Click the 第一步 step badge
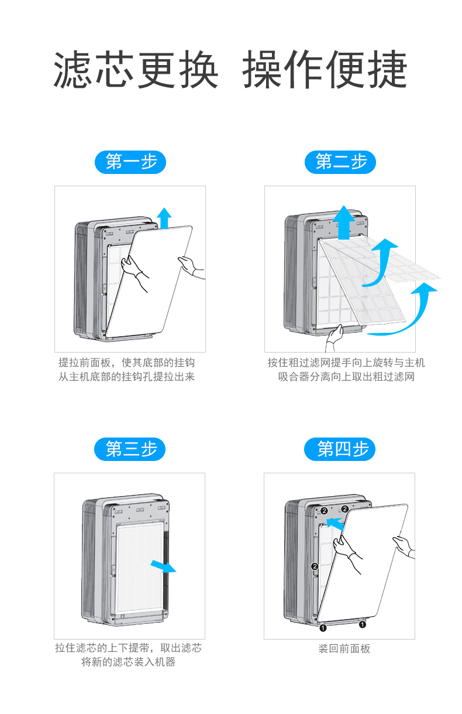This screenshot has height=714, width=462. pos(130,162)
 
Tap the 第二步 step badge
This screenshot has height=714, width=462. pos(340,162)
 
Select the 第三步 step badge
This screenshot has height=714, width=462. pos(130,449)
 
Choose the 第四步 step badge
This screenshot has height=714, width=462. pos(340,449)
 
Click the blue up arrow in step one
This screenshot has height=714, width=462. pos(165,217)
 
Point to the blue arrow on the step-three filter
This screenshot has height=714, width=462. pos(163,566)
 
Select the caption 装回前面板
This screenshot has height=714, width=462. pos(344,648)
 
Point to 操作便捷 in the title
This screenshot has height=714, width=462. pos(325,70)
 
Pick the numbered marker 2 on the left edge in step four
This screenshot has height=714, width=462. pos(315,566)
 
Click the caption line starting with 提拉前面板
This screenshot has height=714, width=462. pos(126,363)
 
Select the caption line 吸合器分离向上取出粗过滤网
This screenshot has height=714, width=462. pos(346,377)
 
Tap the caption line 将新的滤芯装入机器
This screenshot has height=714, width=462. pos(128,662)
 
